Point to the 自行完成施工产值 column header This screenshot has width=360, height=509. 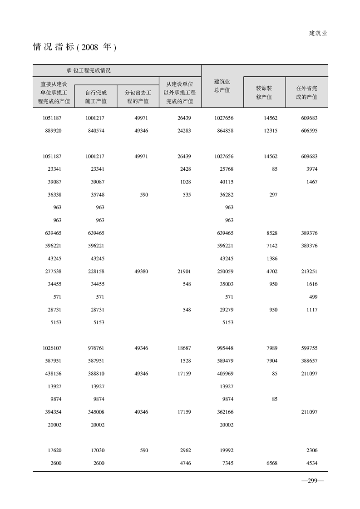pyautogui.click(x=96, y=97)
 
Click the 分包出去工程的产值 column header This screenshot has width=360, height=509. pyautogui.click(x=138, y=97)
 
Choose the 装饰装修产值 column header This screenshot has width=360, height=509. pyautogui.click(x=264, y=93)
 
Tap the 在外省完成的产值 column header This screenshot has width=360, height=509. pyautogui.click(x=306, y=93)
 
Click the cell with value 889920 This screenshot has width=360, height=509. pyautogui.click(x=52, y=131)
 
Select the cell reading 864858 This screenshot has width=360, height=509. pyautogui.click(x=225, y=131)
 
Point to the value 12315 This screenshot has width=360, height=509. pyautogui.click(x=270, y=131)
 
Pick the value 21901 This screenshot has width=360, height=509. pyautogui.click(x=184, y=272)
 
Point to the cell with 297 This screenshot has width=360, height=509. pyautogui.click(x=273, y=195)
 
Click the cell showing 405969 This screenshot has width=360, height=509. pyautogui.click(x=225, y=374)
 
